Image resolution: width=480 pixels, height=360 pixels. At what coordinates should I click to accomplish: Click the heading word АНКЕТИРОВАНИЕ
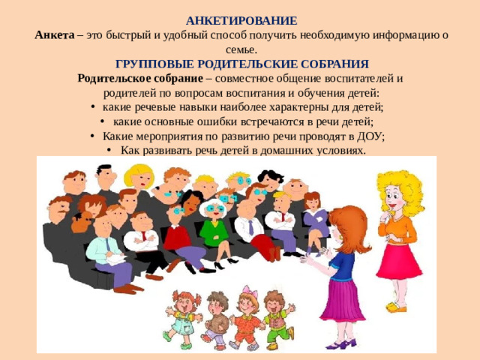click(x=241, y=21)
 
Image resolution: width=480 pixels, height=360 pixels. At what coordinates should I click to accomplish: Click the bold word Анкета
click(x=54, y=35)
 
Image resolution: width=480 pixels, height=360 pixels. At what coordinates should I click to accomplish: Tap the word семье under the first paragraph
click(x=240, y=49)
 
